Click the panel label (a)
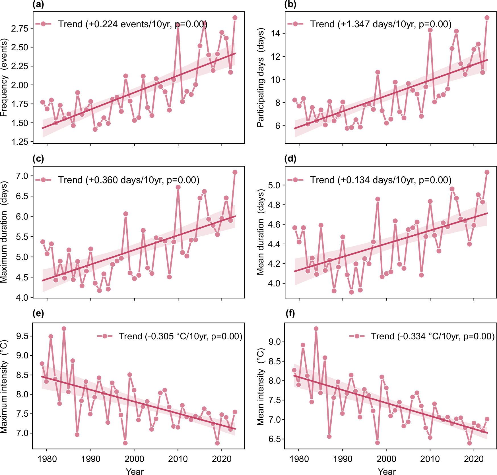[x=38, y=5]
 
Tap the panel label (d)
[x=290, y=158]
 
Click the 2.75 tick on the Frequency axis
[x=20, y=28]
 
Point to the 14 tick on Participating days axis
[x=275, y=34]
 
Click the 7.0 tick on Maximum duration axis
[x=22, y=176]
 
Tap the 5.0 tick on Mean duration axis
[x=274, y=185]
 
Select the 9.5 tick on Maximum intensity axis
[x=22, y=336]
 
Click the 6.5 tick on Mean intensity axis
[x=274, y=439]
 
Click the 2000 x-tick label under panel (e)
[x=134, y=459]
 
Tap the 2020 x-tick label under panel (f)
[x=474, y=459]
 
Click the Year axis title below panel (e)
[x=135, y=471]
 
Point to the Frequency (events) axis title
[x=4, y=78]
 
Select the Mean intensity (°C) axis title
[x=261, y=387]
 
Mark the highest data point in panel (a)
[x=235, y=18]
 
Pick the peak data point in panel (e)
[x=64, y=329]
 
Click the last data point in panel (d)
[x=487, y=172]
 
